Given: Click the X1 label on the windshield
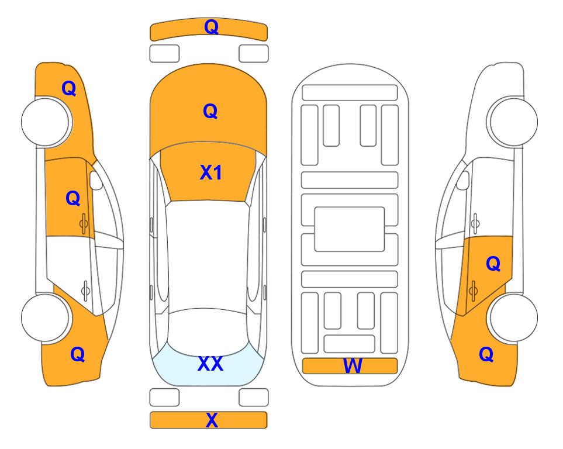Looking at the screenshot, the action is pos(210,172).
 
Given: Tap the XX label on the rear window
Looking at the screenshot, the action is pos(210,364).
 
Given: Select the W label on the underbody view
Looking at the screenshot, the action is pos(353,365).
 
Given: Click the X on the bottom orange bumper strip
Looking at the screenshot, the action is pos(212,420).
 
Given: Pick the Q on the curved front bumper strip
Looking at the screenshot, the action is pos(211,27).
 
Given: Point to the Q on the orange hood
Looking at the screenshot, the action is pos(210,111).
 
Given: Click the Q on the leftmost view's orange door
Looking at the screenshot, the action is pos(73,198).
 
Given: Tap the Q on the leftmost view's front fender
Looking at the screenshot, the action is pos(69,88).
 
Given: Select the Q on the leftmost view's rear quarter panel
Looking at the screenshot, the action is pos(78,354).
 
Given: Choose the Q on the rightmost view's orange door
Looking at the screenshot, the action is pos(493,264).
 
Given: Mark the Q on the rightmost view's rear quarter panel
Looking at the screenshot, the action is pos(486,354).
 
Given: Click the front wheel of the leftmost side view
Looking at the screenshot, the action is pos(45,122).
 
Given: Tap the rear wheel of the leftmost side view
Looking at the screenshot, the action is pos(45,318).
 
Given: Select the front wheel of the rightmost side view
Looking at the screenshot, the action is pos(514,122).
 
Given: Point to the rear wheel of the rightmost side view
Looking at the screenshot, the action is pos(514,317).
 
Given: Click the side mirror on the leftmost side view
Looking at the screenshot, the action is pos(96,180).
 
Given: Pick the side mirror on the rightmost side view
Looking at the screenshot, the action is pos(463,180).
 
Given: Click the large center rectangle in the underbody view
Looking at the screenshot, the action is pos(350,229).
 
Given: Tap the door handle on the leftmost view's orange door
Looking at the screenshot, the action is pos(84,224).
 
